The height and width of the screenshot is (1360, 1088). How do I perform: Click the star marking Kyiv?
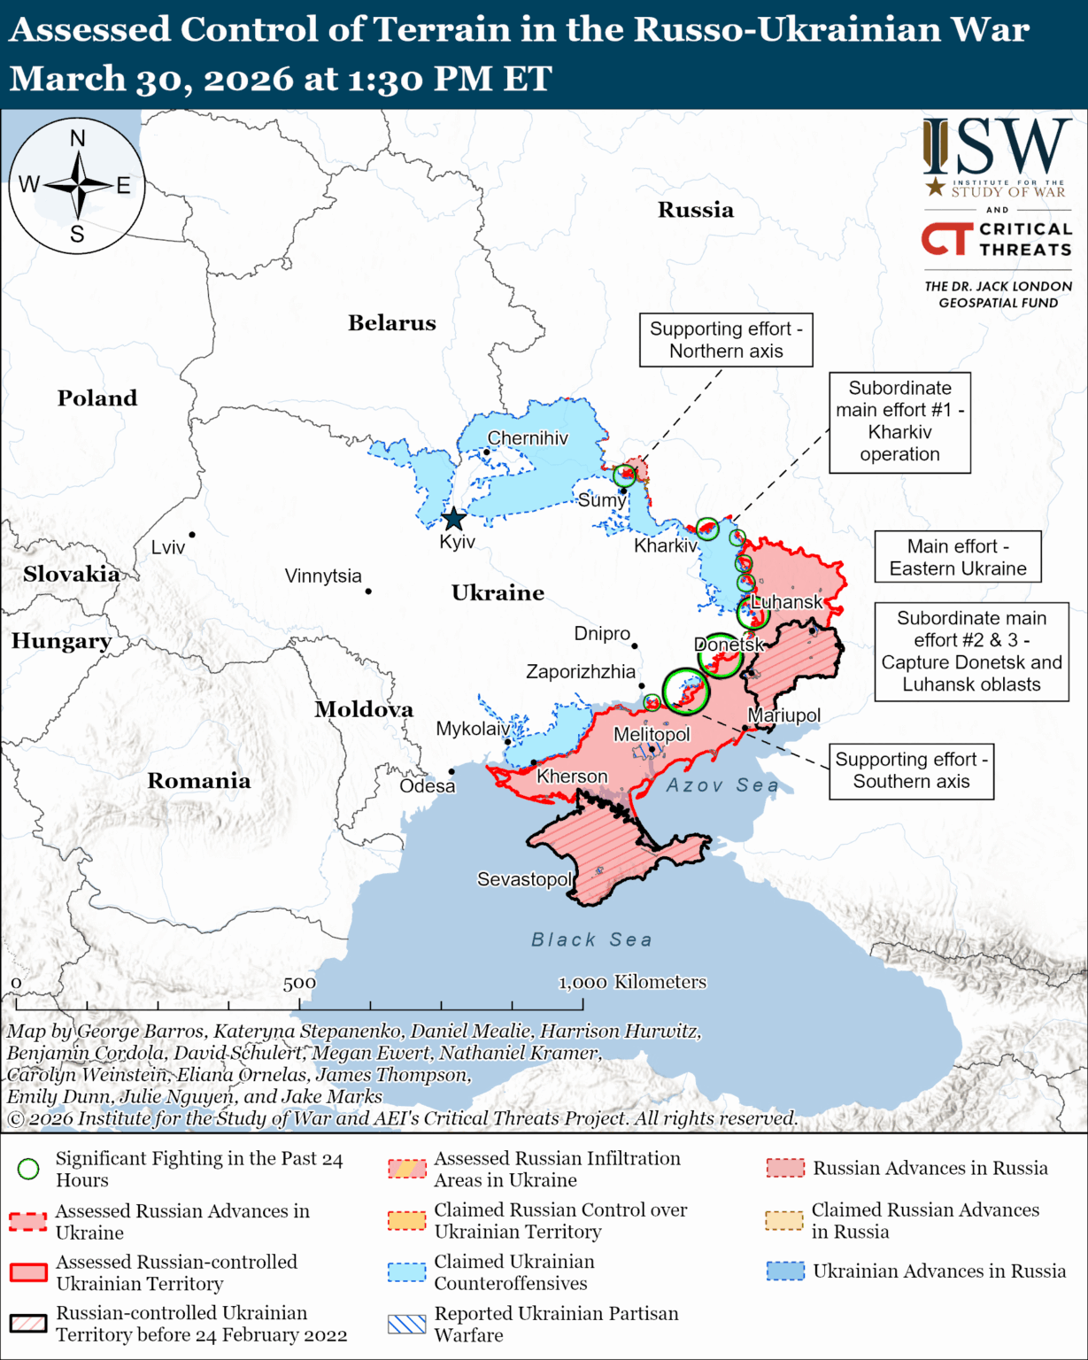[x=453, y=519]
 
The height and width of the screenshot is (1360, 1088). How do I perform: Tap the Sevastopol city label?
[x=524, y=879]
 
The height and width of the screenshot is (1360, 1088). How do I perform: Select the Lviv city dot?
[x=192, y=535]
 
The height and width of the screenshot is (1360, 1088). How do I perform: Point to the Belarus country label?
[x=391, y=323]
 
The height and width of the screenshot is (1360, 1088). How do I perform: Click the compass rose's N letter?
[x=78, y=139]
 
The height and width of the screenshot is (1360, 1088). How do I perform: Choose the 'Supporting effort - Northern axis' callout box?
[x=726, y=340]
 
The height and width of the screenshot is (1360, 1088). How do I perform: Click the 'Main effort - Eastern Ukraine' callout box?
[x=958, y=557]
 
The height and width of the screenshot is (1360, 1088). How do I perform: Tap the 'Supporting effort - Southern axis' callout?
[x=911, y=771]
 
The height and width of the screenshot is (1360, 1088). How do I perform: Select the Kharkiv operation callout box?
[x=899, y=421]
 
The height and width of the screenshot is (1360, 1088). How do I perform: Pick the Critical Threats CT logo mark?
[x=947, y=239]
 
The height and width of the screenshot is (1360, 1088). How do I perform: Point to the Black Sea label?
[x=591, y=939]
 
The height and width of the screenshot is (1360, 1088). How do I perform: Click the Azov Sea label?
[x=722, y=785]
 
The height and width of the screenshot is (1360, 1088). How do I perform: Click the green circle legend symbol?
[x=28, y=1170]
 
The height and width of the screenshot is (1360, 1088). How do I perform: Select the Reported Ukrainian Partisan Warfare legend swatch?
[x=407, y=1325]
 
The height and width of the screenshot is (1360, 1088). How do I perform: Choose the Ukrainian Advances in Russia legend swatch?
[x=785, y=1271]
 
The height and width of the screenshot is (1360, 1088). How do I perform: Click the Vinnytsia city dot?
[x=368, y=591]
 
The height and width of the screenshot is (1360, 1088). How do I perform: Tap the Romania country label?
[x=198, y=781]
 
